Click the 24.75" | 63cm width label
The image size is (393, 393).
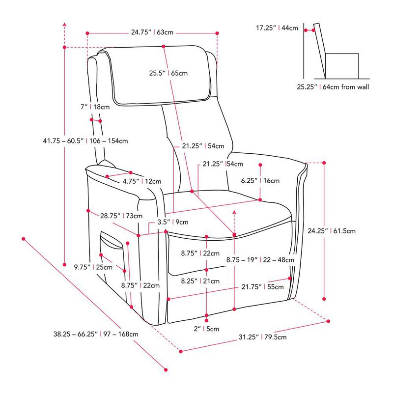(152, 33)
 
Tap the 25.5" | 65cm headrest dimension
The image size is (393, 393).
(168, 73)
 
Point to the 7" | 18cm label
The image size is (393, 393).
(95, 107)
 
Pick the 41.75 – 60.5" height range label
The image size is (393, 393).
(85, 141)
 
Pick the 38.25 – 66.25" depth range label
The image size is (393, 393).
(96, 334)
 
